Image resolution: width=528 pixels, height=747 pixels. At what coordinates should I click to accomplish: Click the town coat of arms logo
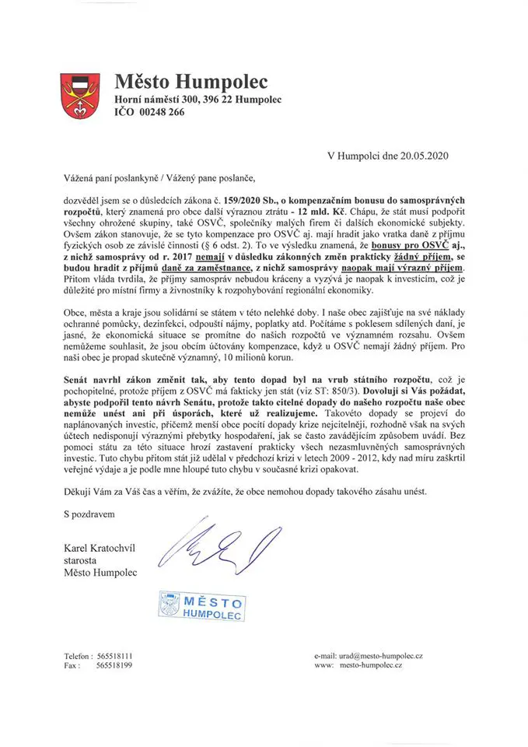(x=82, y=96)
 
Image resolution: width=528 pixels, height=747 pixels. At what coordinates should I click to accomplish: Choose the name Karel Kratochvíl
(x=100, y=549)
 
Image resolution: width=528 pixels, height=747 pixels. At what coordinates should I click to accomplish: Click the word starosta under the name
(x=82, y=561)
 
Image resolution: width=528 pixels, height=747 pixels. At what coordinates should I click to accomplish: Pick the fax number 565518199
(x=114, y=667)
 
